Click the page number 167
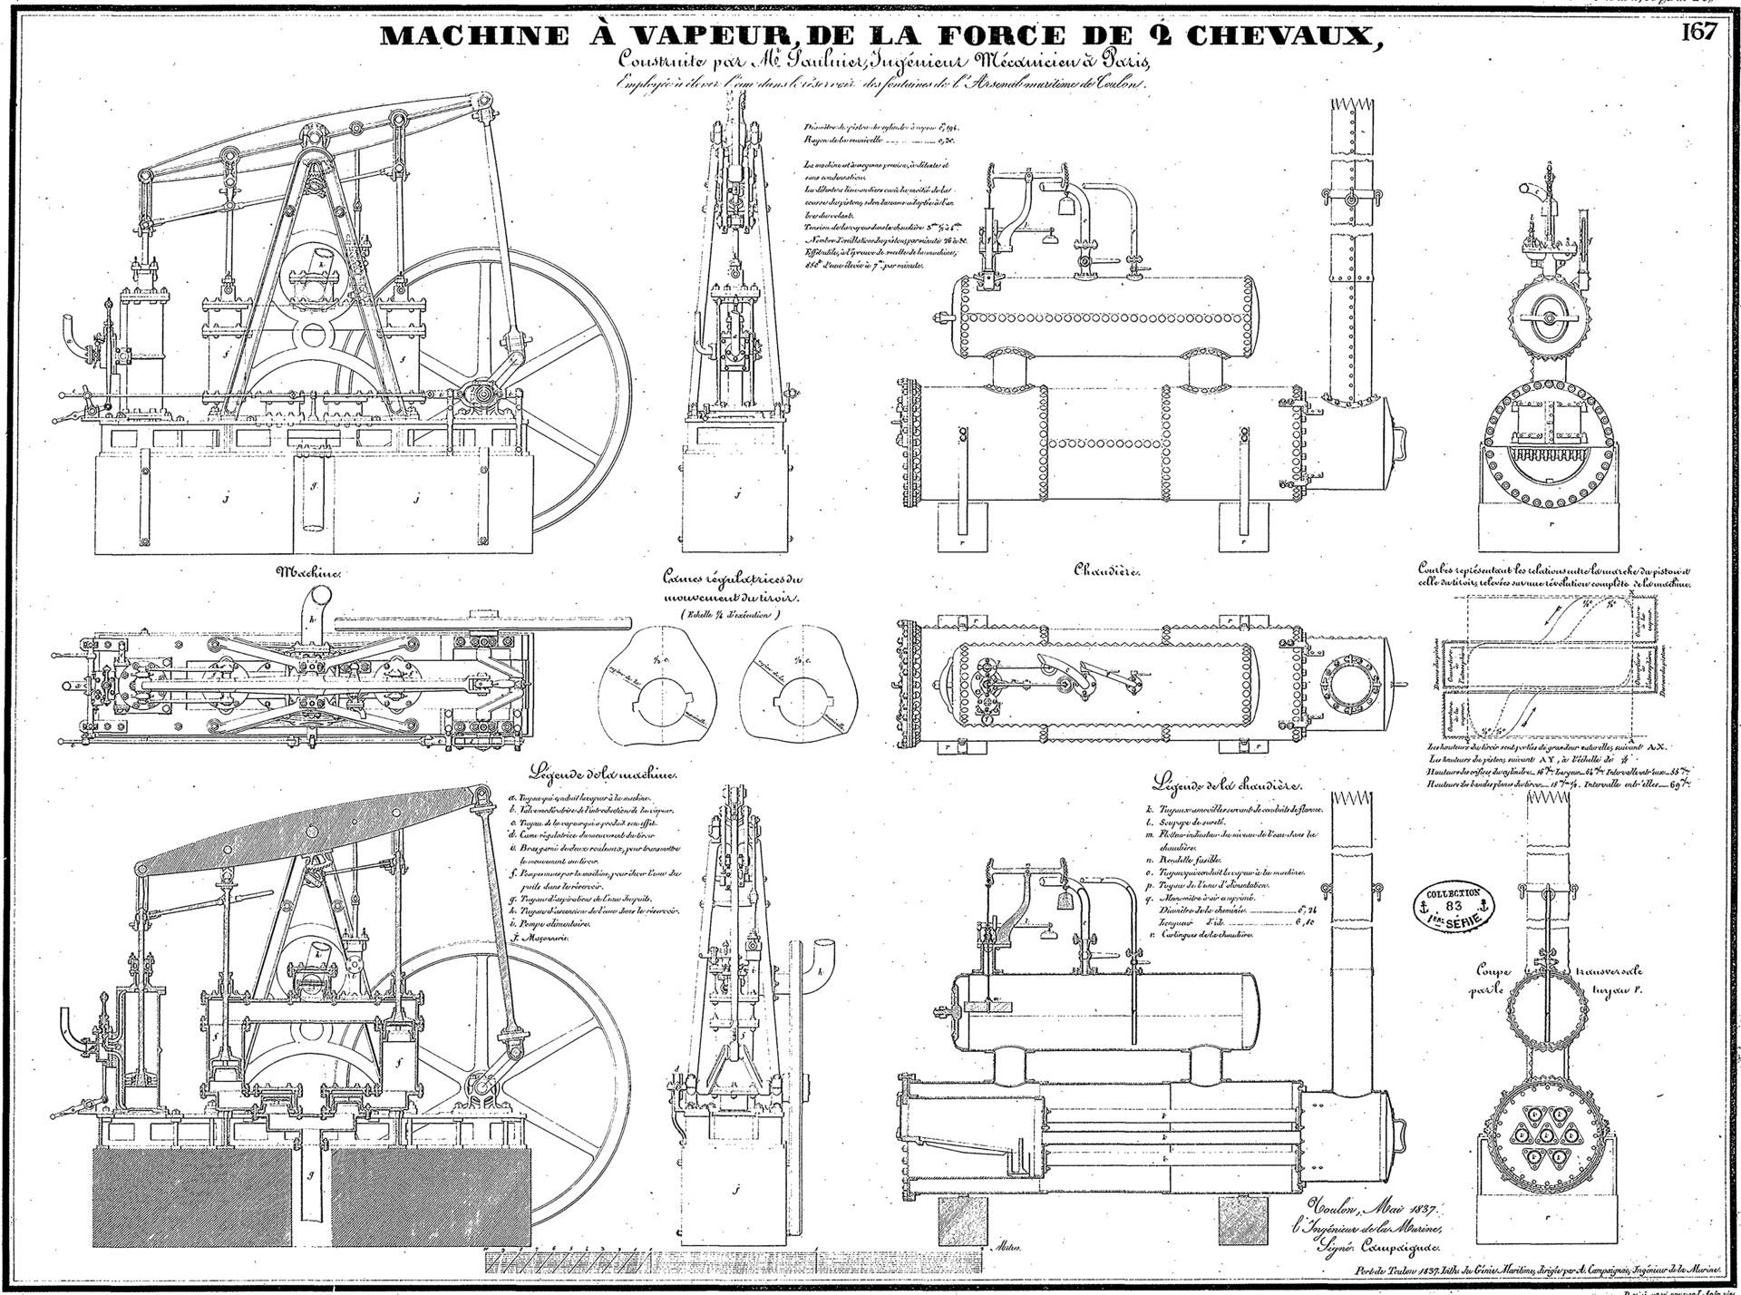[1698, 33]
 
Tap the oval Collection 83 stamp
[1453, 906]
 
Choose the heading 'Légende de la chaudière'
[1227, 784]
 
